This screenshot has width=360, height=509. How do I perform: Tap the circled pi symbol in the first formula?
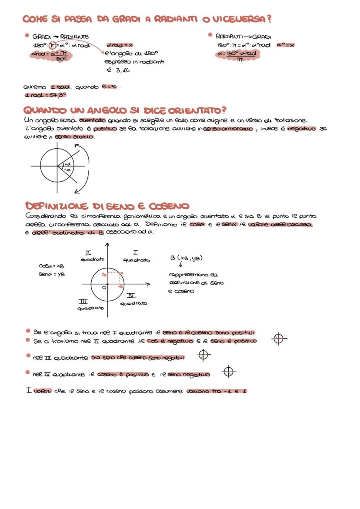(53, 45)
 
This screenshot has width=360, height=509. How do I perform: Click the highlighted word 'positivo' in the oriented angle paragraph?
(106, 129)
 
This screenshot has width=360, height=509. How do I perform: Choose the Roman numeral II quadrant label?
(88, 252)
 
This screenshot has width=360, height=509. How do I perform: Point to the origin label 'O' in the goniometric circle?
(104, 287)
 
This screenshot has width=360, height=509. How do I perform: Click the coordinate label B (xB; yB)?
(187, 258)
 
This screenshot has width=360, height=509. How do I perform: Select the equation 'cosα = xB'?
(51, 265)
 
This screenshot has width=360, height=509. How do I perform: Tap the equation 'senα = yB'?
(51, 274)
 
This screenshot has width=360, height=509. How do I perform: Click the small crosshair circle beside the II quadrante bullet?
(279, 339)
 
